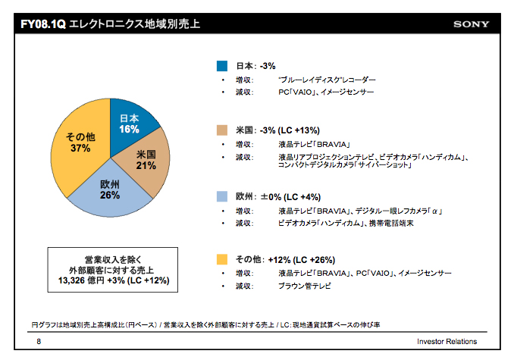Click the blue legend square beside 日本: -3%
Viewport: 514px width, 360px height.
point(222,65)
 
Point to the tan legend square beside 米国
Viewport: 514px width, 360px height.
point(222,130)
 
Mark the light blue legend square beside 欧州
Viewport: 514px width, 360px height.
point(222,196)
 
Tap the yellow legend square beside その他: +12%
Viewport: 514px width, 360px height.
point(222,260)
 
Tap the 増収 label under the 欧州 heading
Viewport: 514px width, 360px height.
point(244,210)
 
